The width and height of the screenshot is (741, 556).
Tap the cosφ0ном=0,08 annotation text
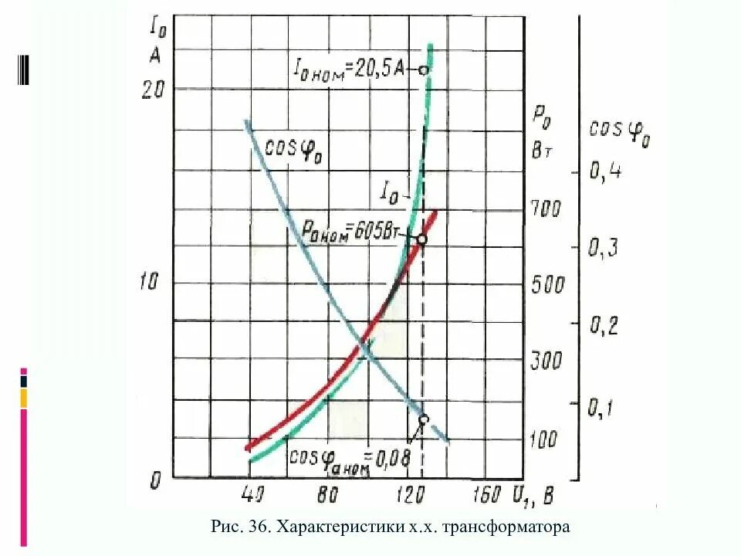[339, 457]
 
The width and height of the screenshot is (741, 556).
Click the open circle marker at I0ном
[422, 70]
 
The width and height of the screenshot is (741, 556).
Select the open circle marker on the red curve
[421, 239]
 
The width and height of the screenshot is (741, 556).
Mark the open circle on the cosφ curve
[423, 419]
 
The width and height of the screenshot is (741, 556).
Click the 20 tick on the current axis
[154, 90]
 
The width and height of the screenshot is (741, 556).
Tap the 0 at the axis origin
[156, 482]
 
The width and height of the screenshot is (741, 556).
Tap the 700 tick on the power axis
[548, 208]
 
